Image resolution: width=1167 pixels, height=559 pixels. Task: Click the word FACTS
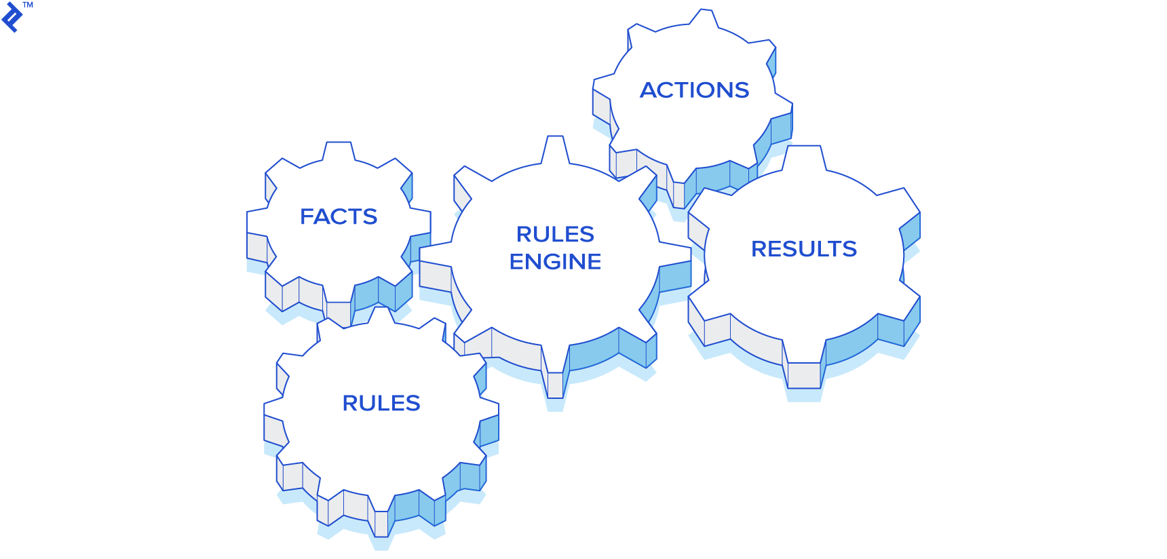click(x=339, y=216)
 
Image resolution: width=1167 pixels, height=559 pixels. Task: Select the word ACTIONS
click(x=695, y=90)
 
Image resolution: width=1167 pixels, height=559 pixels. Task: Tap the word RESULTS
click(x=804, y=249)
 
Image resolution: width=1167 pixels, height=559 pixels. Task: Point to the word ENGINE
click(x=555, y=262)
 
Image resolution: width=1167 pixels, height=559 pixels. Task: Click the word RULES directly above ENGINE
click(x=555, y=234)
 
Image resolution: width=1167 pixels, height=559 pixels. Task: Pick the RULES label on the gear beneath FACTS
click(x=381, y=403)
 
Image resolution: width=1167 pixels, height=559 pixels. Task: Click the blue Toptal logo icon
click(x=12, y=17)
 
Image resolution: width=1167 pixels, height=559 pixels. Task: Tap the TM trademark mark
click(x=28, y=5)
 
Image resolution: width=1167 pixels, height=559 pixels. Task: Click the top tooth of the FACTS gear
click(x=339, y=151)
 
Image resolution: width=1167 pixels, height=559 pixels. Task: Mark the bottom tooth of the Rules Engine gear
click(x=556, y=384)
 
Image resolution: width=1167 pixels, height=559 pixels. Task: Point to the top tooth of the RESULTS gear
click(x=804, y=157)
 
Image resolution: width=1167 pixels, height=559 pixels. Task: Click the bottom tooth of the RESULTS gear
click(x=804, y=375)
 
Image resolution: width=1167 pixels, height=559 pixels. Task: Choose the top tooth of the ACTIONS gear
click(x=704, y=18)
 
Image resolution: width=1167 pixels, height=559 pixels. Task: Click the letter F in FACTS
click(x=307, y=216)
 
